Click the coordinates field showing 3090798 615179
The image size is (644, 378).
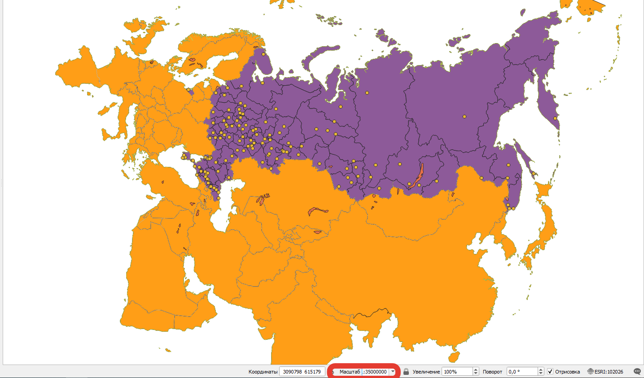tap(302, 372)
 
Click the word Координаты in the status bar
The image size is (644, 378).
tap(263, 372)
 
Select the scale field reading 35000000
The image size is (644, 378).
tap(375, 372)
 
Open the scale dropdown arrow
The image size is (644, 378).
tap(393, 372)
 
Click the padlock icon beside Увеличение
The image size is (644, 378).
tap(406, 372)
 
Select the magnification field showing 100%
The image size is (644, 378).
tap(457, 372)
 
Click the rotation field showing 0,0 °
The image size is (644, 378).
tap(521, 372)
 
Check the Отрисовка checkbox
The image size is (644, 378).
tap(550, 372)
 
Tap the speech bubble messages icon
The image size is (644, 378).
tap(637, 371)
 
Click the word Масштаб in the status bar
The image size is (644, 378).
tap(350, 372)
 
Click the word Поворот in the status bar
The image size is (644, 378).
tap(492, 372)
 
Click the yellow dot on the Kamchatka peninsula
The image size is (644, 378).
tap(555, 118)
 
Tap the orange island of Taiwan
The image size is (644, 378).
tap(454, 357)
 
